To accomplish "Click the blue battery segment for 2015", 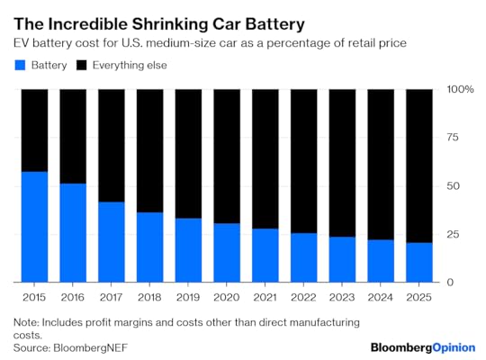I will pyautogui.click(x=34, y=227).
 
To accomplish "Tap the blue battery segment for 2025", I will pyautogui.click(x=418, y=262).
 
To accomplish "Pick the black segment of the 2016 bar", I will pyautogui.click(x=73, y=136).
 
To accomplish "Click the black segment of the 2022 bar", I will pyautogui.click(x=303, y=161).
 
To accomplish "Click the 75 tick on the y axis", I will pyautogui.click(x=454, y=138).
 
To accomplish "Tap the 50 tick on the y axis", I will pyautogui.click(x=454, y=186).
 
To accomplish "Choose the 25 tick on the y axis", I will pyautogui.click(x=454, y=234).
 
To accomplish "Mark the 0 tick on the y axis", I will pyautogui.click(x=450, y=283).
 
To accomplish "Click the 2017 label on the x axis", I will pyautogui.click(x=112, y=295).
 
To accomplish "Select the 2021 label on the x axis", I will pyautogui.click(x=265, y=295).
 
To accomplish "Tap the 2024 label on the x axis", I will pyautogui.click(x=380, y=295).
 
